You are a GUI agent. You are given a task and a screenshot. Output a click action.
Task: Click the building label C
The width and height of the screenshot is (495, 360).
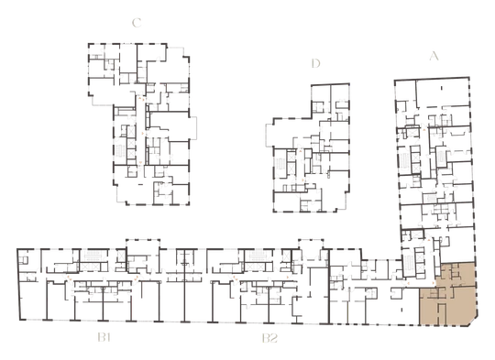point(137,23)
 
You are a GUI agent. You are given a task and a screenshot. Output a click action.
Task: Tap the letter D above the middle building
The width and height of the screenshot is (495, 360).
point(315,64)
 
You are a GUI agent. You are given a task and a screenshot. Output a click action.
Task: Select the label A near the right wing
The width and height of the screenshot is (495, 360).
point(434,56)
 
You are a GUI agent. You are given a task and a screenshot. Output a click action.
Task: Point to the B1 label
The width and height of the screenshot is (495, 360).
point(104,338)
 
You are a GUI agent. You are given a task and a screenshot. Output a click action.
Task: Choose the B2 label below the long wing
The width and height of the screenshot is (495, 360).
point(269,338)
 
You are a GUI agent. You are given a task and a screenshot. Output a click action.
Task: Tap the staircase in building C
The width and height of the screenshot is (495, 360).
point(120,151)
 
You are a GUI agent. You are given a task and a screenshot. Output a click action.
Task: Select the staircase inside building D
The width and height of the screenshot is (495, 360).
point(280,164)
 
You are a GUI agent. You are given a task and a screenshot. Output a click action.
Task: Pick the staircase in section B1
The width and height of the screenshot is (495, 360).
point(94,256)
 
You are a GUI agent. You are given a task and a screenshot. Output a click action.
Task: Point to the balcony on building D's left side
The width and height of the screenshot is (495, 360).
point(269,135)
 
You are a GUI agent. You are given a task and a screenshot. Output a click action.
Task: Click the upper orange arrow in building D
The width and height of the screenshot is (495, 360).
point(301,151)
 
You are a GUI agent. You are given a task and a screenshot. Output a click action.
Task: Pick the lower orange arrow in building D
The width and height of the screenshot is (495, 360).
point(303,180)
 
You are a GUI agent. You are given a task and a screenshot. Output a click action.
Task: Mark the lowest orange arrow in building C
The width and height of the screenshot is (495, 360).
point(140,163)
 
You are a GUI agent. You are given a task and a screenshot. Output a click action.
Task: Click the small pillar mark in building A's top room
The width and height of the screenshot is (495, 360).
point(442,88)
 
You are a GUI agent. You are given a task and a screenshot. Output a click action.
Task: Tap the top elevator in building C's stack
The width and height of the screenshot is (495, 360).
point(131,131)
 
